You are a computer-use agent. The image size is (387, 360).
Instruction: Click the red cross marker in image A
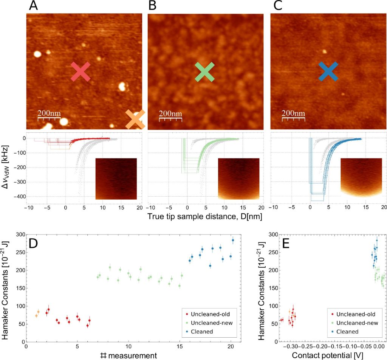tap(80, 72)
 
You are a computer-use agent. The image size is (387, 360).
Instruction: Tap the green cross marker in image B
tap(204, 72)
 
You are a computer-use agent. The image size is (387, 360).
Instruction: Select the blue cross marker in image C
tap(328, 71)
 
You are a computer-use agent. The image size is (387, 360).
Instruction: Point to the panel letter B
tap(153, 6)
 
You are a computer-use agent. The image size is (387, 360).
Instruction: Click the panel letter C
tap(276, 6)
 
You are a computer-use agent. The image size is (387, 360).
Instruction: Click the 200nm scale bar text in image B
tap(170, 113)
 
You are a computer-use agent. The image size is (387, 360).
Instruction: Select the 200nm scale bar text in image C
tap(294, 113)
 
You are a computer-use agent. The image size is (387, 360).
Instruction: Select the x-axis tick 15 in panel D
tap(180, 347)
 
